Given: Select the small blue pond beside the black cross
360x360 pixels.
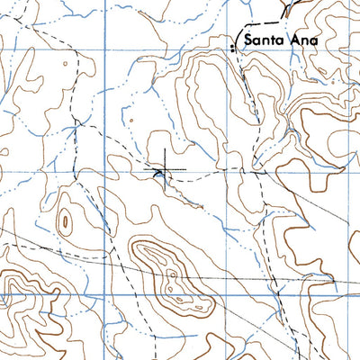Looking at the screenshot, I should [158, 174].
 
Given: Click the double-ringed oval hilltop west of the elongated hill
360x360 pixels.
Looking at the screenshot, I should [65, 221].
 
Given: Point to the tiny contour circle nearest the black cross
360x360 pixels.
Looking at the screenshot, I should [132, 118].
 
